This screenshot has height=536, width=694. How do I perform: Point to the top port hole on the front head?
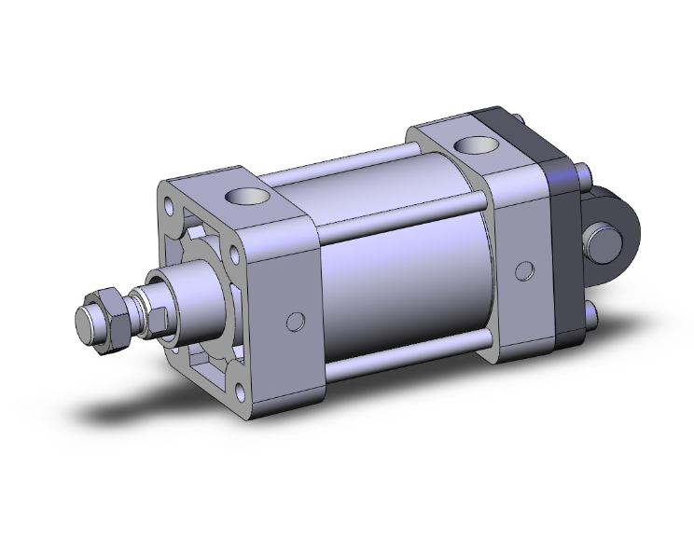pos(246,197)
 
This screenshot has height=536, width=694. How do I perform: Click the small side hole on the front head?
pos(296,322)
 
